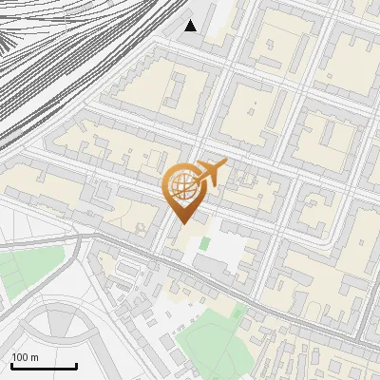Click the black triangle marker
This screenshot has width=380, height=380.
click(191, 26)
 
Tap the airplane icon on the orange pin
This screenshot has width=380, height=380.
click(211, 172)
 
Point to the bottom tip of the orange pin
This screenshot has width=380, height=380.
click(180, 223)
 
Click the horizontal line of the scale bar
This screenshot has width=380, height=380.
click(44, 366)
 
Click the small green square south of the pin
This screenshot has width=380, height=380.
click(204, 243)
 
